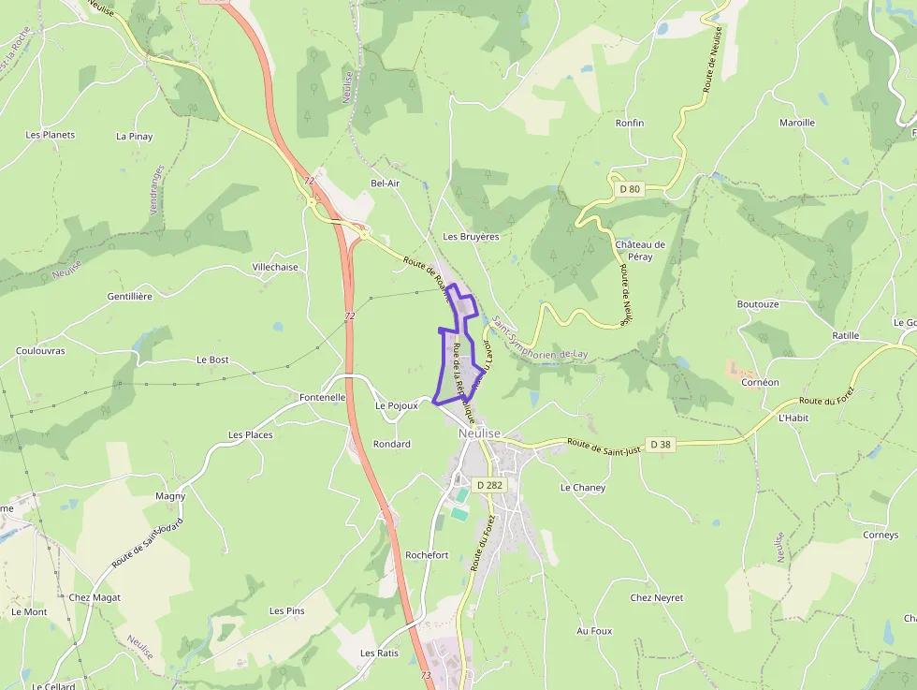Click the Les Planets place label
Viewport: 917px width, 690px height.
coord(51,135)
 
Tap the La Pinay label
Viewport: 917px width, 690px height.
coord(134,137)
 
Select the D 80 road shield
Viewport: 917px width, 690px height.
coord(630,189)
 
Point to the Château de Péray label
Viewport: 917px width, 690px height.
coord(640,250)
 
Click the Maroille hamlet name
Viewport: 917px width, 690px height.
coord(797,123)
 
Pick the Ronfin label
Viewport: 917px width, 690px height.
coord(630,123)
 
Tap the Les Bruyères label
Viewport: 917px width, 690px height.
coord(471,237)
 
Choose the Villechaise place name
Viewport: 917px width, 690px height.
coord(275,267)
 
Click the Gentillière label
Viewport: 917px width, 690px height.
coord(130,296)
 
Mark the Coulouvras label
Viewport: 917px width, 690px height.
coord(40,351)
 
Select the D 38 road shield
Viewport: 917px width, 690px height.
coord(660,444)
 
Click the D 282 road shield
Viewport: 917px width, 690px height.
coord(488,485)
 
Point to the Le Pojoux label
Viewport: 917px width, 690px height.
coord(396,405)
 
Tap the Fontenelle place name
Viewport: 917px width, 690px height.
coord(323,397)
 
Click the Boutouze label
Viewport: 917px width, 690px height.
coord(758,304)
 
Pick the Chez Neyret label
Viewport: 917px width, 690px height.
coord(657,597)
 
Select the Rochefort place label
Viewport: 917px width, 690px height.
coord(427,555)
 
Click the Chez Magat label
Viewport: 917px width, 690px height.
coord(95,597)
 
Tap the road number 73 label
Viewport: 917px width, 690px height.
coord(427,675)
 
